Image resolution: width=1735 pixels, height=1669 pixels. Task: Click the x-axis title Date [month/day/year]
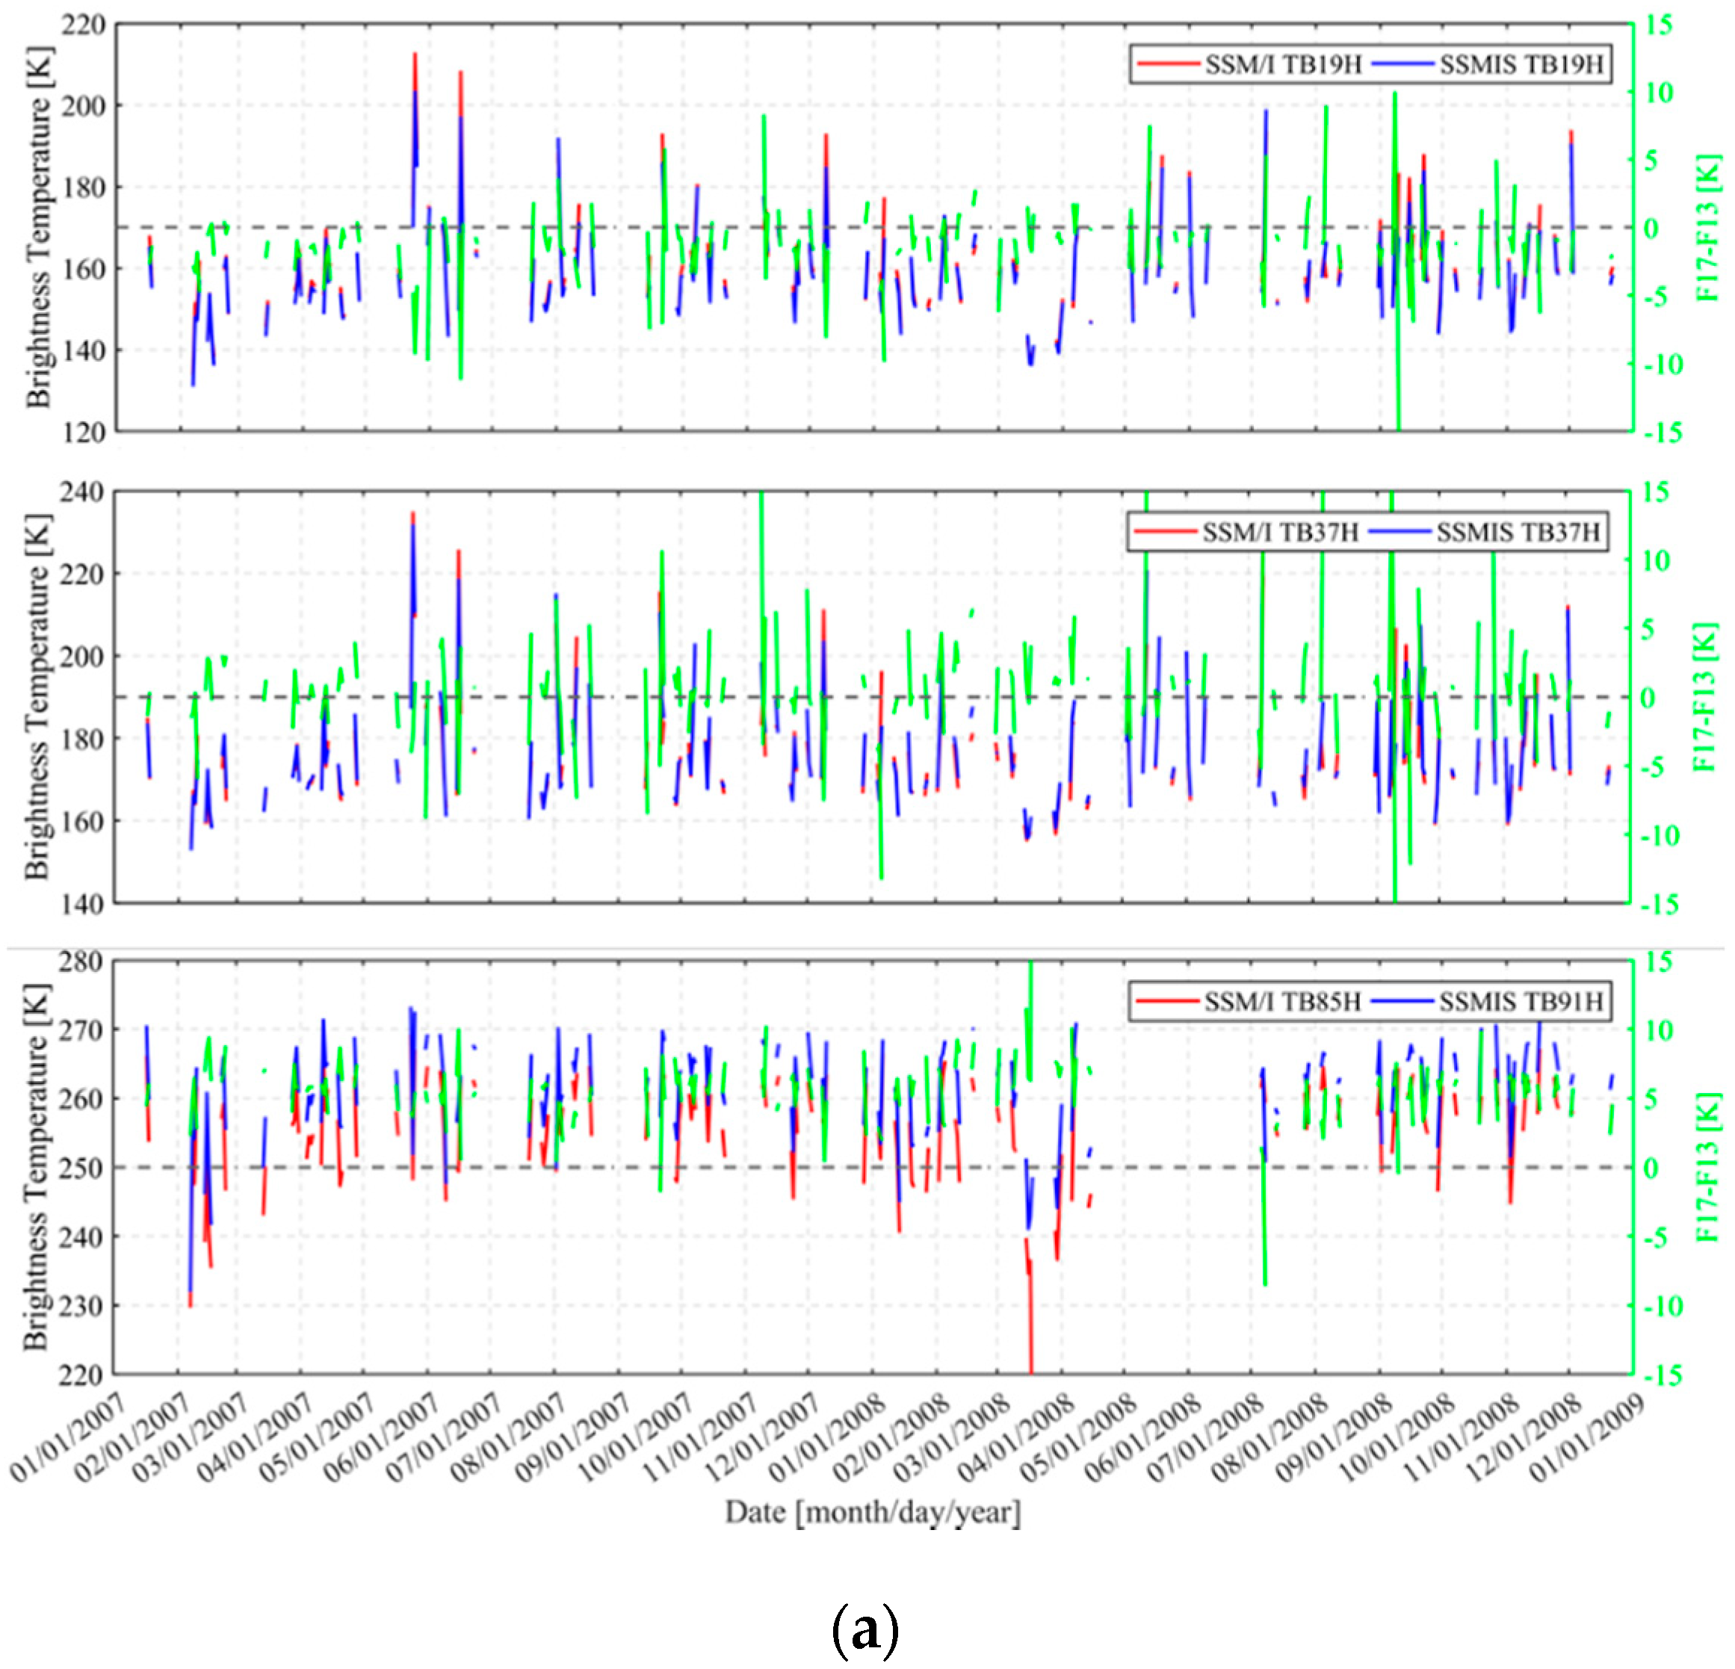pyautogui.click(x=872, y=1511)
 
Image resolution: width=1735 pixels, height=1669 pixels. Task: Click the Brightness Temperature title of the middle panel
pyautogui.click(x=37, y=696)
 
